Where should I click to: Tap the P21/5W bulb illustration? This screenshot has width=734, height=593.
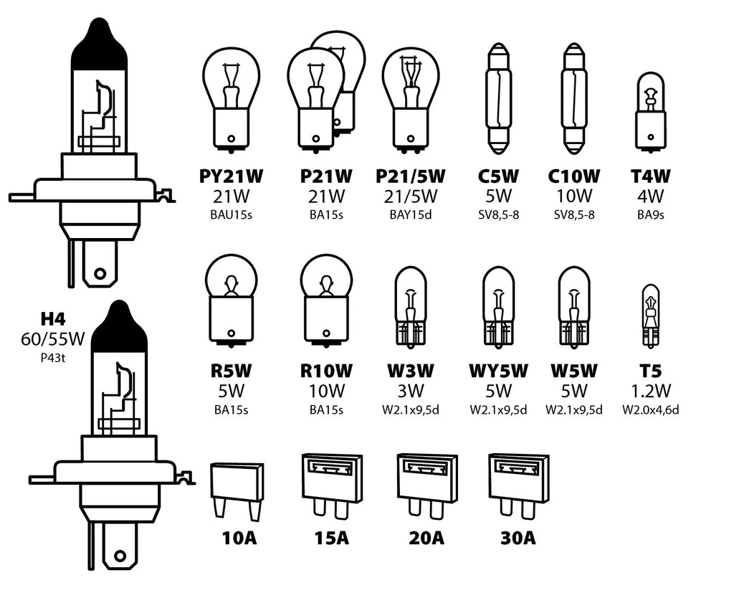(x=411, y=98)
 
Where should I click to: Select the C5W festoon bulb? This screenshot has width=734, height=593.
(x=499, y=98)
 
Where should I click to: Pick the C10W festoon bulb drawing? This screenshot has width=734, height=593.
(x=575, y=98)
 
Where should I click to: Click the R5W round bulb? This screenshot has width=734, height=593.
(x=231, y=300)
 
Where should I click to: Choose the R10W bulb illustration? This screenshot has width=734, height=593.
(x=326, y=300)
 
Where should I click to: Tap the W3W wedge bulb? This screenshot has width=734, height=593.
(x=411, y=307)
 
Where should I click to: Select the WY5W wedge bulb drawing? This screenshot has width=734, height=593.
(x=498, y=307)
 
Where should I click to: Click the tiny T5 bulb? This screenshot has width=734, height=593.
(x=650, y=316)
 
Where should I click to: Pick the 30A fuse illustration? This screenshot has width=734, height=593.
(x=512, y=484)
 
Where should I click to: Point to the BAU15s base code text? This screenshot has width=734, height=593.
(x=231, y=214)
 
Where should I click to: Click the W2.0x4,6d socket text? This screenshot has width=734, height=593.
(x=650, y=409)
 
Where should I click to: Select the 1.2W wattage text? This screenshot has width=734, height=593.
(x=650, y=391)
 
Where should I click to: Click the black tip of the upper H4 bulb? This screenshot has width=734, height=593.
(x=98, y=44)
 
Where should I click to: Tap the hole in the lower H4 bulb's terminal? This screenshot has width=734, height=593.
(x=120, y=556)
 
